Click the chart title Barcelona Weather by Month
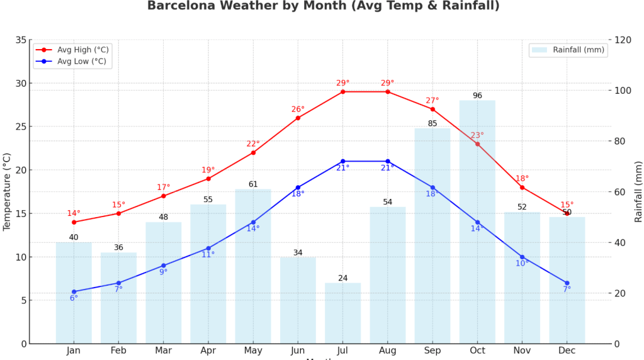click(x=323, y=6)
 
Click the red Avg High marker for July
click(x=343, y=92)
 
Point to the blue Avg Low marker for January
click(x=74, y=291)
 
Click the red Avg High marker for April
click(x=208, y=179)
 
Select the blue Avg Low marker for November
click(x=522, y=257)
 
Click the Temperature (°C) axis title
click(x=8, y=191)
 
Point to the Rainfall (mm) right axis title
click(x=638, y=191)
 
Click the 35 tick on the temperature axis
click(x=20, y=40)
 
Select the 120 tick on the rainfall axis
click(x=623, y=40)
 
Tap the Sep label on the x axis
click(x=432, y=351)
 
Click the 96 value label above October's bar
click(x=477, y=96)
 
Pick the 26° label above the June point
click(x=298, y=110)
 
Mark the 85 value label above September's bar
click(x=432, y=123)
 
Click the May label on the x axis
click(x=253, y=351)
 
